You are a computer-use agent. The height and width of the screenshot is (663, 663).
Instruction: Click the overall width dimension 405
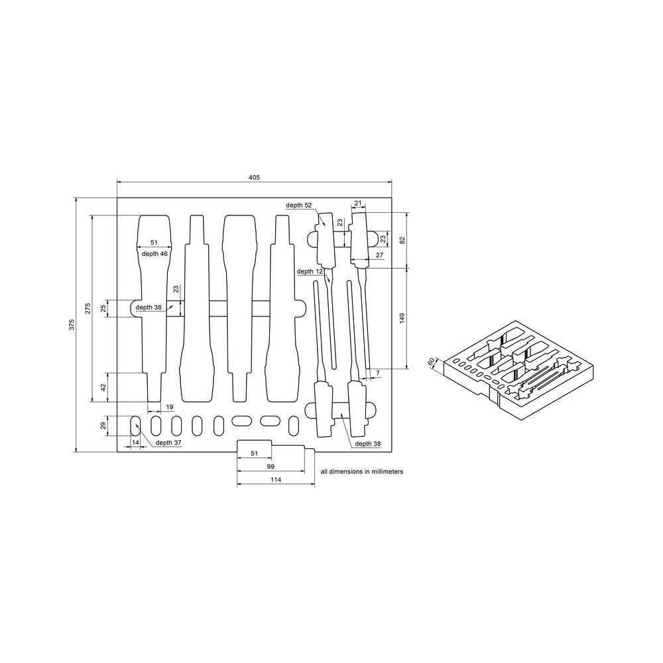[254, 178]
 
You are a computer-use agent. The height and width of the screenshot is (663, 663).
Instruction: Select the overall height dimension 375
[72, 325]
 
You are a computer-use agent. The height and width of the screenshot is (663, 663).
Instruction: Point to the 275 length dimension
[88, 308]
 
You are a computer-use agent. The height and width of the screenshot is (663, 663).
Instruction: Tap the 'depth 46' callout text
[154, 254]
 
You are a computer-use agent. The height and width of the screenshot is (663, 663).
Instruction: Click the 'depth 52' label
[298, 205]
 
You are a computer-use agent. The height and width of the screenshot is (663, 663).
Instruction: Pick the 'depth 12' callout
[310, 271]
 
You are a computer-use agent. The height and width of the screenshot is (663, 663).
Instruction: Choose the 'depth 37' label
[168, 442]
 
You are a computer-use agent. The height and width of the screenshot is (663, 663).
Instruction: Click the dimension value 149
[402, 318]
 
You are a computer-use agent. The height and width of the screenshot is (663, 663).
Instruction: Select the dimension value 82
[402, 240]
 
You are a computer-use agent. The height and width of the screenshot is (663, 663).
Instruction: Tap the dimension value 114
[276, 479]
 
